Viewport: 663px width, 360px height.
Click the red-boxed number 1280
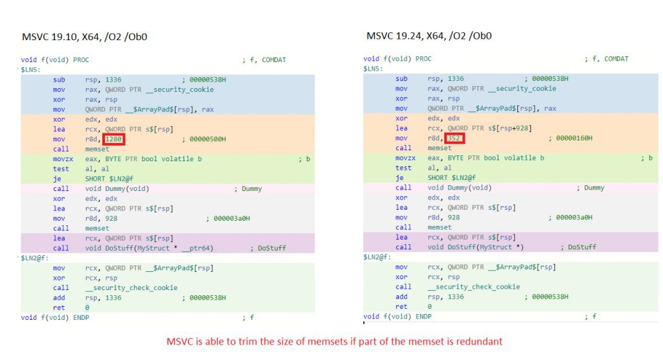[113, 139]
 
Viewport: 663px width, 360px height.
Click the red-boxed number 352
[454, 139]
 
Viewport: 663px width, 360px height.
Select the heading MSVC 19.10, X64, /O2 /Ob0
[85, 37]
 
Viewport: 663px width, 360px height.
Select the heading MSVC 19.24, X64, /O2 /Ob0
[429, 36]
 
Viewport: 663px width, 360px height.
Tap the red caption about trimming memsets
[335, 341]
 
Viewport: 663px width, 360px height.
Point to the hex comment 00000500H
[207, 139]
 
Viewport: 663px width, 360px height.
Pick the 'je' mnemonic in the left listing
[57, 179]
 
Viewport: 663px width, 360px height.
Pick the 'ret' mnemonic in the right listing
[401, 307]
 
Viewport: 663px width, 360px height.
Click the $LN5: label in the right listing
[373, 69]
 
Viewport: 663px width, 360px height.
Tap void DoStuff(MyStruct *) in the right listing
[476, 247]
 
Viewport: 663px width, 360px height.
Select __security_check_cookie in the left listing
[131, 288]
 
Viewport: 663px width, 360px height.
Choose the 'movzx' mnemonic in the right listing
[405, 158]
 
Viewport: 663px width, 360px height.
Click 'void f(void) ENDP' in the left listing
[55, 318]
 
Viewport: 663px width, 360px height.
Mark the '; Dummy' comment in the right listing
[590, 188]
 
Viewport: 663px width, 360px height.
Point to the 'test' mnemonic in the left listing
[61, 169]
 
